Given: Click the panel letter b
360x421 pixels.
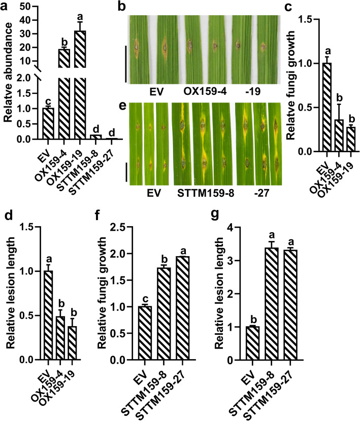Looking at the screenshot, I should pyautogui.click(x=121, y=7).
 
